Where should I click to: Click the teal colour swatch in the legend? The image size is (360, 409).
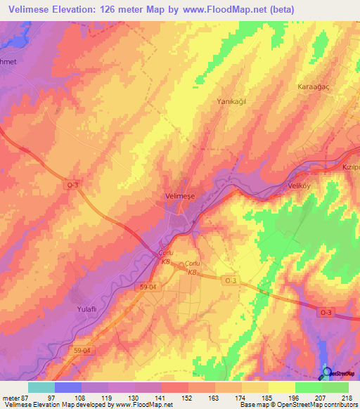coord(41,387)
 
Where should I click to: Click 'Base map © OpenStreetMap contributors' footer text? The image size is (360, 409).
coord(297,405)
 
